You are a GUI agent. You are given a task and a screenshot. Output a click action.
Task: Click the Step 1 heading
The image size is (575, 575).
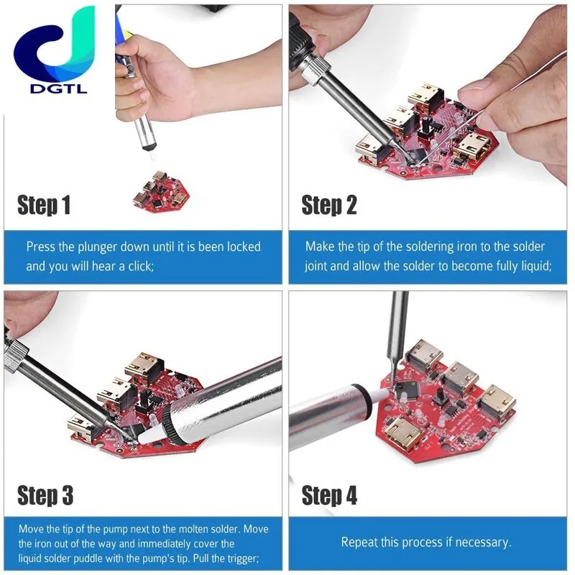[44, 206]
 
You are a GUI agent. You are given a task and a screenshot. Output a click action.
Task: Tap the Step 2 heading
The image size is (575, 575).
[328, 206]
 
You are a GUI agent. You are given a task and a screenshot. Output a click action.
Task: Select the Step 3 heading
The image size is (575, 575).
[45, 495]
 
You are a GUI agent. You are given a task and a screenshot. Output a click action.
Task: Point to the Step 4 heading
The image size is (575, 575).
[329, 495]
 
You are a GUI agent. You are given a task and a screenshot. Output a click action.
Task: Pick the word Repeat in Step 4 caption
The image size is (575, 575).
[359, 542]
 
